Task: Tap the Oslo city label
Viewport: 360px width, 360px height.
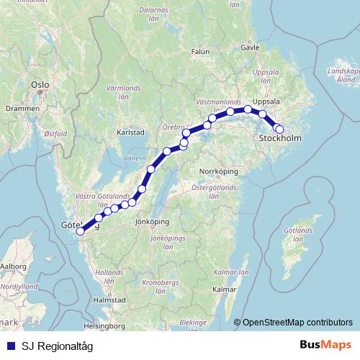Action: point(40,84)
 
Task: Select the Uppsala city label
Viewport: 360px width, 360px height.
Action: point(265,102)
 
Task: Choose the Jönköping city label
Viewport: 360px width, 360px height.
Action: point(152,222)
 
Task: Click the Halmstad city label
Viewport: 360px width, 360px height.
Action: point(110,299)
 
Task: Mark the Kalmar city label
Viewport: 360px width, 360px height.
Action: point(224,289)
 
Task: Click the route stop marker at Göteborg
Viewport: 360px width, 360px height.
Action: point(80,231)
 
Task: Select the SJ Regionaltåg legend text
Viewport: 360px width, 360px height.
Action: point(57,346)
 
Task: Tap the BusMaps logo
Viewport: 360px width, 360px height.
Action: point(327,346)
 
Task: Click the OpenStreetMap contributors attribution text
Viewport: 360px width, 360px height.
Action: point(297,323)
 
